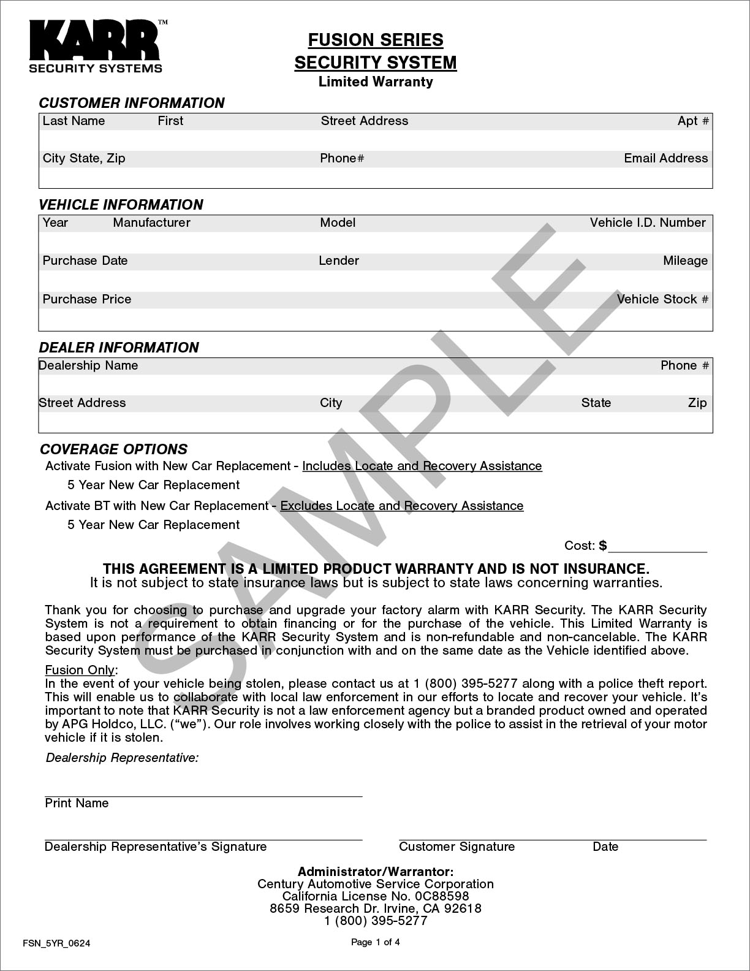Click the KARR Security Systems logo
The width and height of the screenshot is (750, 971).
click(96, 47)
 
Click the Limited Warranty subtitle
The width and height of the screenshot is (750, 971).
click(376, 82)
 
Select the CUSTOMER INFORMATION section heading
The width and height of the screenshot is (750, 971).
click(132, 103)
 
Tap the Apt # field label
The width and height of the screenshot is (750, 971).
click(693, 121)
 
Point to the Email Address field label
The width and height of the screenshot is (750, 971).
click(665, 158)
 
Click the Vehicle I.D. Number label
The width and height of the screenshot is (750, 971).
click(648, 223)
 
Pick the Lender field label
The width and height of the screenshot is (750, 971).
click(339, 261)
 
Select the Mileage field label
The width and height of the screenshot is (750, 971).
click(685, 261)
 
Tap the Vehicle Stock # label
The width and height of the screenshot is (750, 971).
click(662, 299)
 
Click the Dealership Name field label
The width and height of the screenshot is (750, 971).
click(88, 365)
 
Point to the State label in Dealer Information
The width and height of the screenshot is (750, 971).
click(596, 403)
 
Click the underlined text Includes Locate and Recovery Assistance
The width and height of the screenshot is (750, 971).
click(422, 466)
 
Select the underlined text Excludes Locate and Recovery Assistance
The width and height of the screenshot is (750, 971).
click(402, 506)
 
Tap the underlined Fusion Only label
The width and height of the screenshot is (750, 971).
click(80, 669)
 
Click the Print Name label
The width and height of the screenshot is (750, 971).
click(77, 803)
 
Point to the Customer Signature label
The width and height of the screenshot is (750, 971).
click(456, 847)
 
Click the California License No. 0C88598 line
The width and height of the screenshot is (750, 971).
click(376, 896)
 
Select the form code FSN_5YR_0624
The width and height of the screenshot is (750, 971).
click(56, 943)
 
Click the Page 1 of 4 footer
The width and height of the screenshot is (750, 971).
click(376, 942)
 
